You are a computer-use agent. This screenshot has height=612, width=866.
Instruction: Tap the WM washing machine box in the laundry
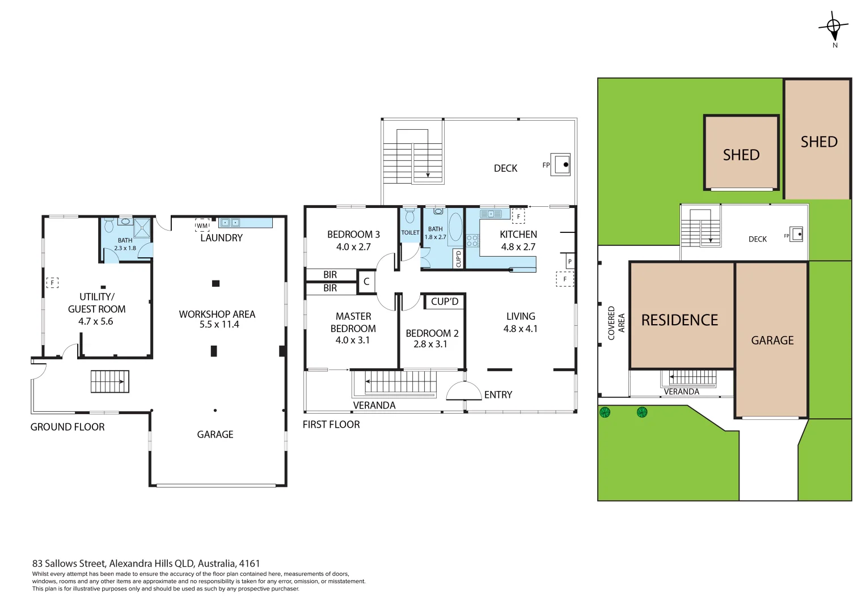tap(202, 225)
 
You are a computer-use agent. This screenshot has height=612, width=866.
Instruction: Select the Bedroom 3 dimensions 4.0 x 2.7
tap(353, 247)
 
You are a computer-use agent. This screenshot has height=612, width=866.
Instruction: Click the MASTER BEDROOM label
tap(353, 322)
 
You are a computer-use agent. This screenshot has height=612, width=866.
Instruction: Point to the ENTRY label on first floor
tap(498, 395)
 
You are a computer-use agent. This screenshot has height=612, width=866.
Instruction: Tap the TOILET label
tap(410, 232)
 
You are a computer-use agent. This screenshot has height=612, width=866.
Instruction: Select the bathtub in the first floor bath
tap(455, 227)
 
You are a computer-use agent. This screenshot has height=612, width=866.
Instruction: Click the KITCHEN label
tap(518, 234)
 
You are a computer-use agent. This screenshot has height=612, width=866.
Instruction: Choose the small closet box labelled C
tap(366, 282)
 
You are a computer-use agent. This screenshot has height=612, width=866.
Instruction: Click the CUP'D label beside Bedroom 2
tap(445, 301)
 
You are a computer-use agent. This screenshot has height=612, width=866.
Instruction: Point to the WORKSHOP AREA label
tap(217, 314)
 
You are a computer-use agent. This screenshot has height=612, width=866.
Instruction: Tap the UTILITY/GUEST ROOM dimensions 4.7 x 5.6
tap(96, 321)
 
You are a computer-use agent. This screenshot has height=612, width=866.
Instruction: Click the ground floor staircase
tap(110, 381)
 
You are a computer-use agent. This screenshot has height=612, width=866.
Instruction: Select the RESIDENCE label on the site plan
tap(679, 320)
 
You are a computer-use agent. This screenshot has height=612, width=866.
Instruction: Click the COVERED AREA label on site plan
tap(616, 323)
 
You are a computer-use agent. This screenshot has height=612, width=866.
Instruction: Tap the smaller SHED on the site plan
tap(741, 154)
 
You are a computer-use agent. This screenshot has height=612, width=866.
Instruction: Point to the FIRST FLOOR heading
tap(331, 424)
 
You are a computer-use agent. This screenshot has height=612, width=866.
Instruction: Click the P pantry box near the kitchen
tap(569, 261)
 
